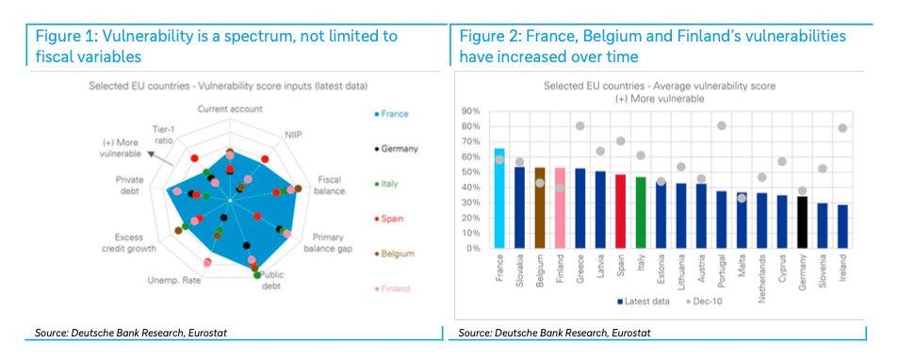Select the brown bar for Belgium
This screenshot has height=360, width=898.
tap(540, 207)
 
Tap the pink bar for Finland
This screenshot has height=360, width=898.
tap(560, 207)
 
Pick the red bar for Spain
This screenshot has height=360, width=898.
tap(620, 211)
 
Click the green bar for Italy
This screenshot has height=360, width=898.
tap(640, 212)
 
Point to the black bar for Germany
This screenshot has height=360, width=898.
tap(802, 222)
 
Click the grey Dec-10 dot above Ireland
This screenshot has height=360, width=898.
tap(842, 128)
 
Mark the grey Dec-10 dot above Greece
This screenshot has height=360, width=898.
tap(580, 126)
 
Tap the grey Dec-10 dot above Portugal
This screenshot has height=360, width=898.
tap(722, 126)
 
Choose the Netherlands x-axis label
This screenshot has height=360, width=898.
tap(762, 273)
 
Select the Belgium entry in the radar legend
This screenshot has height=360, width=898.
tap(394, 254)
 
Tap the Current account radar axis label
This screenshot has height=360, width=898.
tap(230, 108)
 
